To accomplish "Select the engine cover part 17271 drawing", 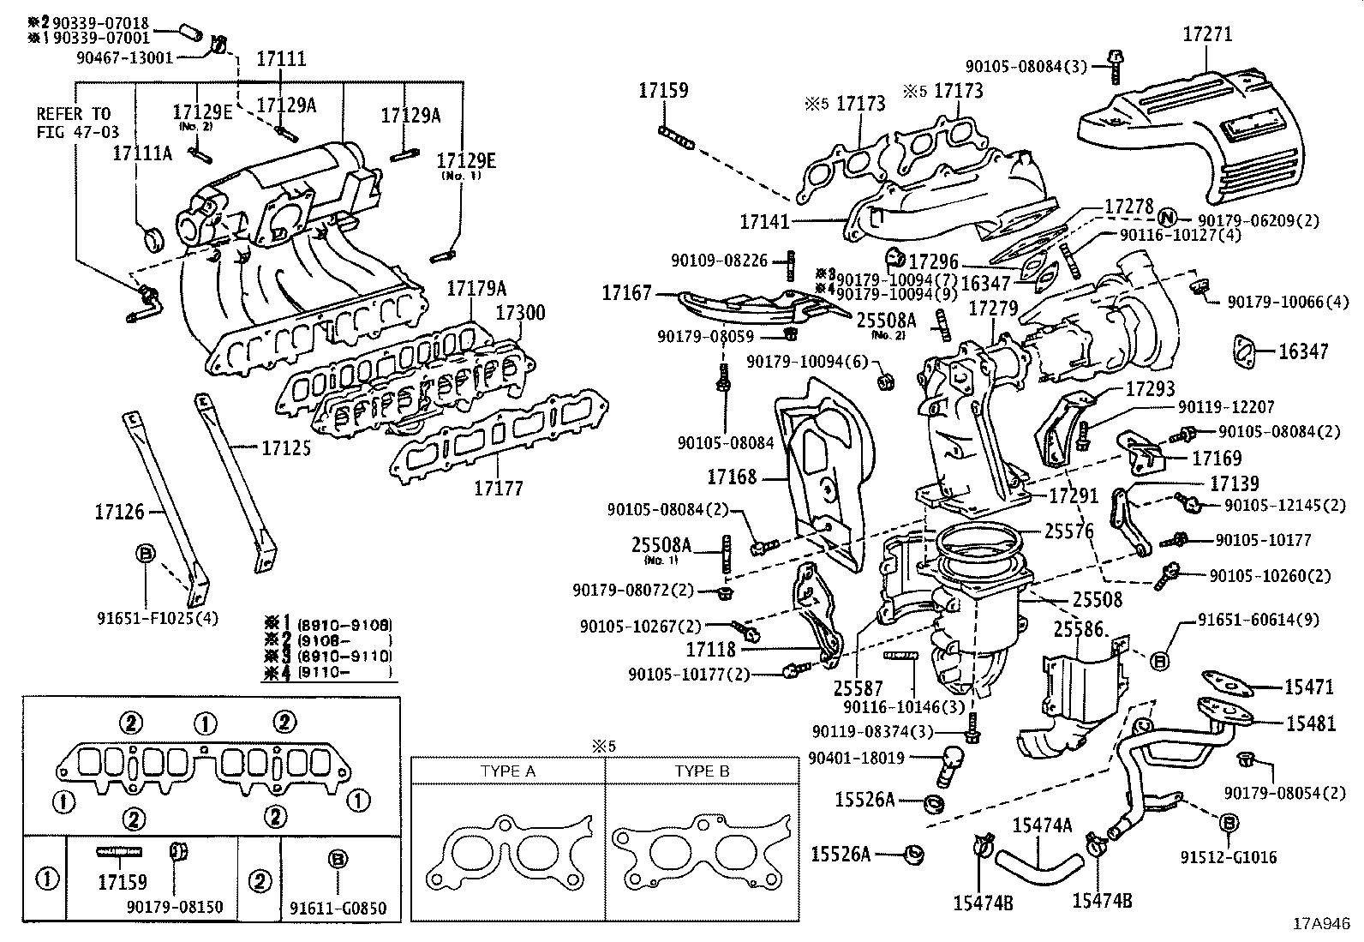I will pyautogui.click(x=1199, y=129).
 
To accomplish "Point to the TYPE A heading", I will pyautogui.click(x=507, y=771).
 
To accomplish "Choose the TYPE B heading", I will pyautogui.click(x=702, y=771).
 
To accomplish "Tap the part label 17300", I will pyautogui.click(x=520, y=313).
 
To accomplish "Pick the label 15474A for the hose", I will pyautogui.click(x=1042, y=825).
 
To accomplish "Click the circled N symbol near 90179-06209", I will pyautogui.click(x=1170, y=219).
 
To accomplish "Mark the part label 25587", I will pyautogui.click(x=856, y=687).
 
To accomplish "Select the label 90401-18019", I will pyautogui.click(x=857, y=757).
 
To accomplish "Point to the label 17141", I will pyautogui.click(x=765, y=221).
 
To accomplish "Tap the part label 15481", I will pyautogui.click(x=1310, y=723).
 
